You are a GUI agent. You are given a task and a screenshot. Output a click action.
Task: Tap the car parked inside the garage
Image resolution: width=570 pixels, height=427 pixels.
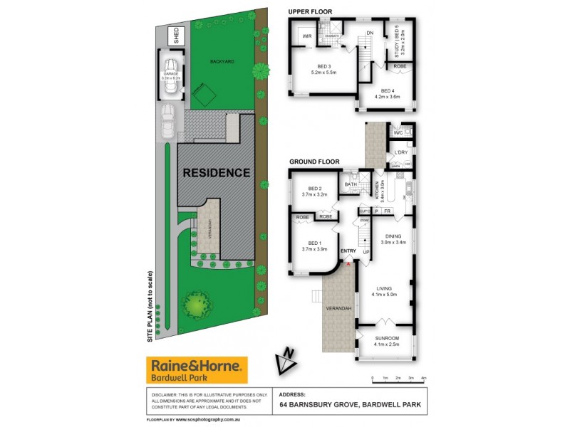[171, 82]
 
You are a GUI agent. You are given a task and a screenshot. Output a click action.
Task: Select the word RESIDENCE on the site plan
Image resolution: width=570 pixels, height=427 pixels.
[217, 172]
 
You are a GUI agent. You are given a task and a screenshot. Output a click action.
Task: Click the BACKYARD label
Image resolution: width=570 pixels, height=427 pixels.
[222, 61]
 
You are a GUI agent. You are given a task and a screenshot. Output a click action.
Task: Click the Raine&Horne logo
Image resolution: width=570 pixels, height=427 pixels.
[197, 371]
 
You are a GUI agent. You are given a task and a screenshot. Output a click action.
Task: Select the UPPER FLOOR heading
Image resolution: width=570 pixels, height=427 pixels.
[310, 12]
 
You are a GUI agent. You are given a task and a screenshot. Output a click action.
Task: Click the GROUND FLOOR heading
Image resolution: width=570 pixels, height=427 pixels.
[314, 162]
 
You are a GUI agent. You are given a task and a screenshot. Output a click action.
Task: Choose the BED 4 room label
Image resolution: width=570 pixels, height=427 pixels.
[388, 90]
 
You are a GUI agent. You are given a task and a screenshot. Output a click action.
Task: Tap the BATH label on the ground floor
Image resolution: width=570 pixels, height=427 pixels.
[351, 185]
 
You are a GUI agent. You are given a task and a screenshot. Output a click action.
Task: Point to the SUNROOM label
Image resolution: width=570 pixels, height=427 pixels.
[386, 338]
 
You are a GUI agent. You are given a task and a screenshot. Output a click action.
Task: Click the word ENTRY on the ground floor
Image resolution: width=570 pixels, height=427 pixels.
[348, 251]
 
